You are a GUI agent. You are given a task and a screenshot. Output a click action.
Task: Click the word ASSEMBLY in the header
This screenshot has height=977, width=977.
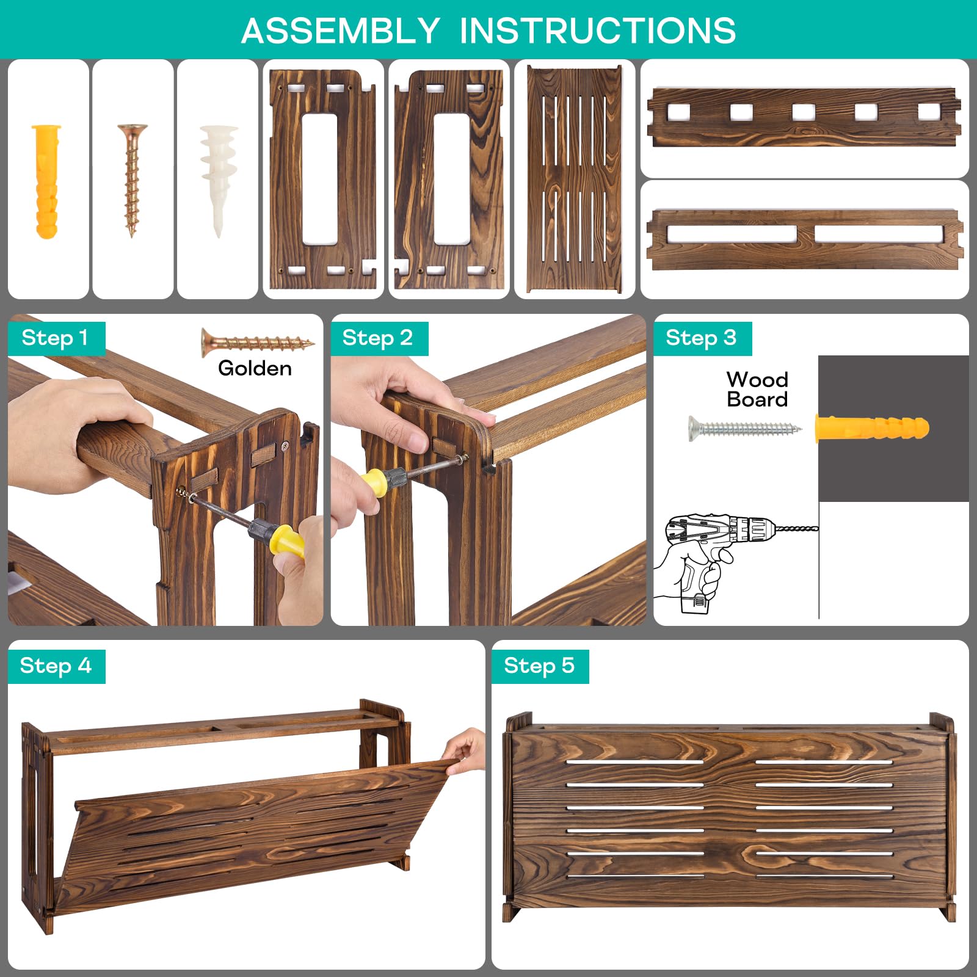pyautogui.click(x=340, y=31)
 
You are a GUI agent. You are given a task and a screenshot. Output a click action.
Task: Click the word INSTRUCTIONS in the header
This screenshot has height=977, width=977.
pyautogui.click(x=598, y=31)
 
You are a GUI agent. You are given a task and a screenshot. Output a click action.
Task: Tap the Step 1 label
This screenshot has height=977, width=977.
pyautogui.click(x=55, y=338)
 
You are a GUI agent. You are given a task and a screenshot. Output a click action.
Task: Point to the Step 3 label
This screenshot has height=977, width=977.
pyautogui.click(x=701, y=338)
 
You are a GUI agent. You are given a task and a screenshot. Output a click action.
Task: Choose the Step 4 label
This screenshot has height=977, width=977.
pyautogui.click(x=56, y=666)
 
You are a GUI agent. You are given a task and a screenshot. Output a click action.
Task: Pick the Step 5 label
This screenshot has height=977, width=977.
pyautogui.click(x=539, y=666)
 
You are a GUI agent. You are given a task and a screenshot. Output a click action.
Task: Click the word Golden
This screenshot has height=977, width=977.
pyautogui.click(x=255, y=368)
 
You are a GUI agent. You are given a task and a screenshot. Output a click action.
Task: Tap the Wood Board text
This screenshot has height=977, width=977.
pyautogui.click(x=757, y=389)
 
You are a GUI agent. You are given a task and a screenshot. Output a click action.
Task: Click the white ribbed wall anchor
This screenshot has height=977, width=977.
pyautogui.click(x=218, y=180)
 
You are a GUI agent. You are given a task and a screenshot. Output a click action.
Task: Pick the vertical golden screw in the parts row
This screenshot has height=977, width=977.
pyautogui.click(x=132, y=180)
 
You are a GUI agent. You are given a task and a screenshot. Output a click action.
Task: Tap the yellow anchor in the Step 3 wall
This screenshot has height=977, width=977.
pyautogui.click(x=872, y=428)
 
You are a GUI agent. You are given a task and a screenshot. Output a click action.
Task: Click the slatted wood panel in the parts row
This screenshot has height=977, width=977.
pyautogui.click(x=575, y=179)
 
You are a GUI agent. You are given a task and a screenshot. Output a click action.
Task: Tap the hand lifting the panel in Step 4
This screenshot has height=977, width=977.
pyautogui.click(x=465, y=752)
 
